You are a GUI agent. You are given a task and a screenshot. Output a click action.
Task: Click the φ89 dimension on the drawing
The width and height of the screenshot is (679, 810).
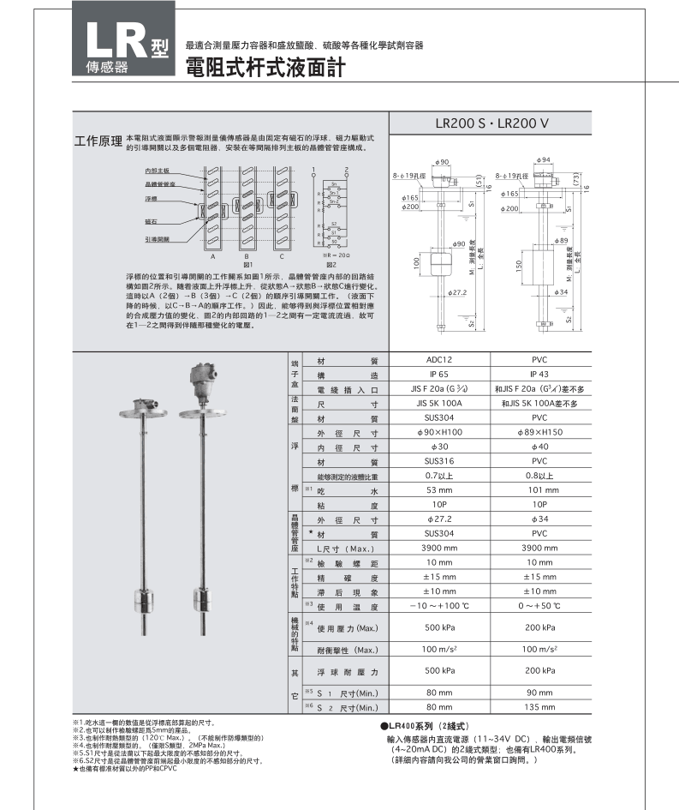pyautogui.click(x=561, y=240)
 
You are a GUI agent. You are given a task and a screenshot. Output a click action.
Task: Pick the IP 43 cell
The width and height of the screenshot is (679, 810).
pyautogui.click(x=539, y=375)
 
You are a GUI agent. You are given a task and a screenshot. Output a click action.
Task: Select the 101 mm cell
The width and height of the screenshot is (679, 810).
pyautogui.click(x=539, y=490)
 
